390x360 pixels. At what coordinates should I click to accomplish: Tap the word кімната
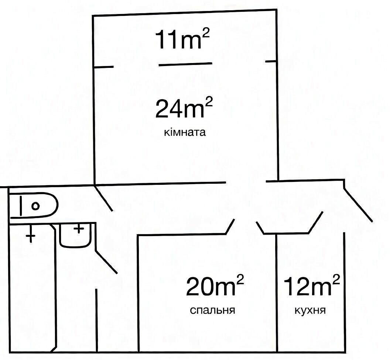(185, 132)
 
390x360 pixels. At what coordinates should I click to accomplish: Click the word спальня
(213, 310)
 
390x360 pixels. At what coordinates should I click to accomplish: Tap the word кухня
(310, 310)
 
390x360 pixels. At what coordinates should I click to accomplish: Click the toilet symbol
(33, 205)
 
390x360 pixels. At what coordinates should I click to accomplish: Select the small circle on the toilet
(35, 206)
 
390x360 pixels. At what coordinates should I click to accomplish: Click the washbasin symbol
(75, 235)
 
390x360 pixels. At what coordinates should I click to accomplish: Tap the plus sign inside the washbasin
(79, 228)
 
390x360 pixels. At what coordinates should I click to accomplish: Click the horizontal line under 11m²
(185, 64)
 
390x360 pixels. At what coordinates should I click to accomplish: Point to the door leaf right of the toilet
(104, 198)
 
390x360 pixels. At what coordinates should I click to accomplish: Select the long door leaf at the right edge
(358, 205)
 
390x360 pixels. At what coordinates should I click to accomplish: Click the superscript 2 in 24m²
(209, 101)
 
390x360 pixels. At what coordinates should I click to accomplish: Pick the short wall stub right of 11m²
(271, 61)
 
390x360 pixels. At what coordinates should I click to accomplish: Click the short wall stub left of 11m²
(103, 67)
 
